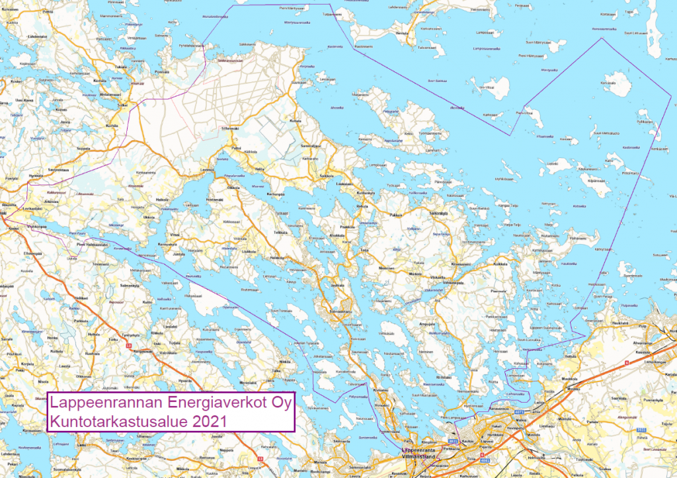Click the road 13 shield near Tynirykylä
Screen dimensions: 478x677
tap(130, 345)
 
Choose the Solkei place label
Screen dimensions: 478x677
tap(122, 105)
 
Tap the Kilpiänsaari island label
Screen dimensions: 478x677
tap(596, 179)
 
